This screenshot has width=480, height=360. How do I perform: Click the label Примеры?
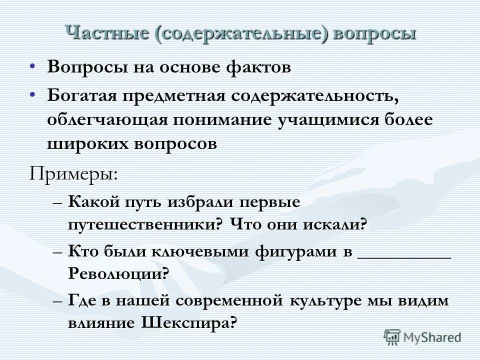(x=73, y=174)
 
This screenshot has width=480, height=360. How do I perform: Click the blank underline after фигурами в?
(x=404, y=254)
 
